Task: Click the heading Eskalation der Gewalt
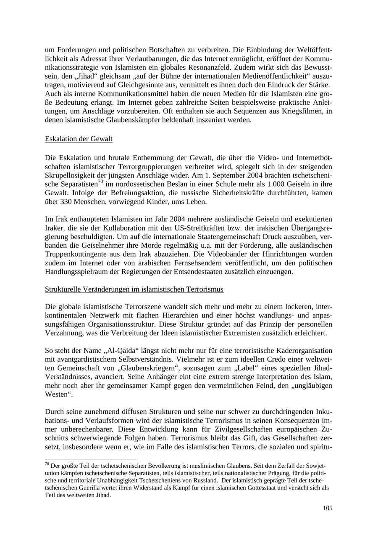coord(79,139)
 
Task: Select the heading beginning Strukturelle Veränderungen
coord(134,289)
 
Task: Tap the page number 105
coord(328,508)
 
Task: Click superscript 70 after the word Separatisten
coord(100,182)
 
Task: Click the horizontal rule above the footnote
coord(90,459)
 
